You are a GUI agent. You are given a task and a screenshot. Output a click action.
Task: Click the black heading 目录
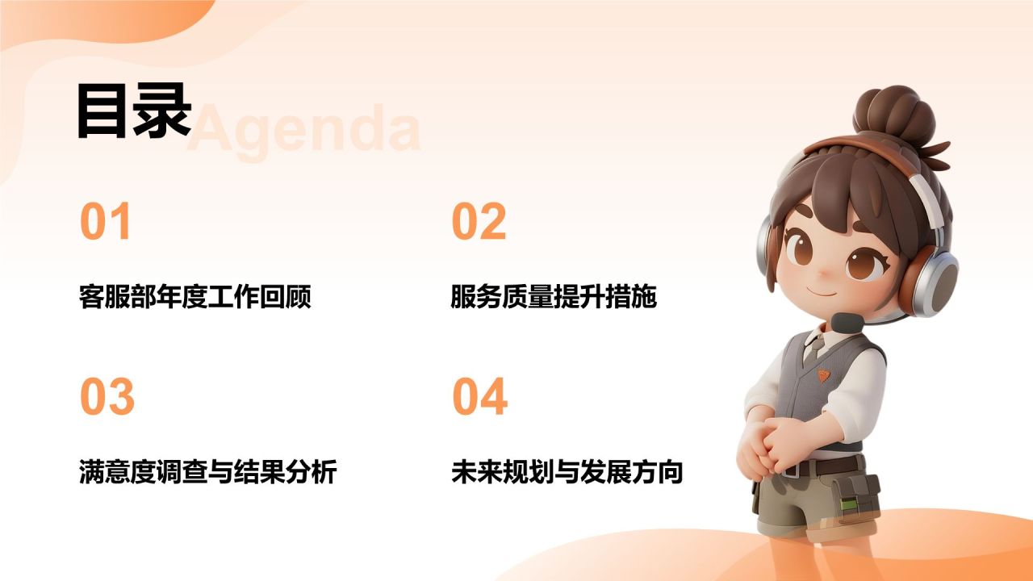point(134,111)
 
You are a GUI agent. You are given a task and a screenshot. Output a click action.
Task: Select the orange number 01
point(105,221)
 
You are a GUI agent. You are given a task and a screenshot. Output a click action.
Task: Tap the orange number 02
point(479,221)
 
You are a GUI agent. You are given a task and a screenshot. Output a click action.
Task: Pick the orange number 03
point(107,396)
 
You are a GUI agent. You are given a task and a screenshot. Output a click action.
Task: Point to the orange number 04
point(480,396)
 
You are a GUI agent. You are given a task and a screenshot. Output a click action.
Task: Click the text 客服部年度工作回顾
point(195,296)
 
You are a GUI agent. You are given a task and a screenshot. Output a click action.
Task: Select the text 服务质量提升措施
point(554,296)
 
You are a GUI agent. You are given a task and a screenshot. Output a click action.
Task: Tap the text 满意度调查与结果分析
point(208,472)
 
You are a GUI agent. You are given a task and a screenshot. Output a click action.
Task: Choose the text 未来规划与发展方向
point(567,472)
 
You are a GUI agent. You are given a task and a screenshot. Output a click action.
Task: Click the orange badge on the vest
point(824,375)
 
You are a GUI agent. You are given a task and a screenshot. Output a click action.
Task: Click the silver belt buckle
point(791,470)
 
